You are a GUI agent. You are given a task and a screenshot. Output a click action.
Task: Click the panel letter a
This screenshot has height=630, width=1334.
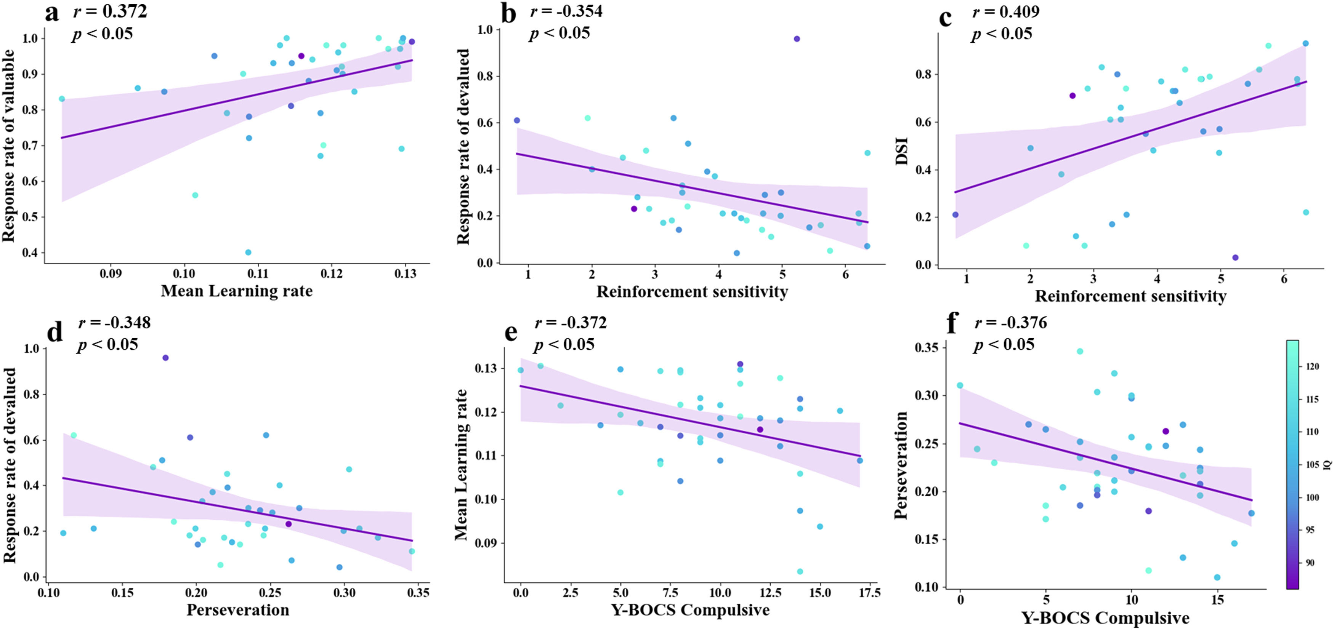point(52,13)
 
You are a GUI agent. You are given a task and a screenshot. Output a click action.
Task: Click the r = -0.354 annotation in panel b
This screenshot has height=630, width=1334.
point(566,11)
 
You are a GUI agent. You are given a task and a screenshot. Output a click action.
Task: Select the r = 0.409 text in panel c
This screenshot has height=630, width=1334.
point(1006,11)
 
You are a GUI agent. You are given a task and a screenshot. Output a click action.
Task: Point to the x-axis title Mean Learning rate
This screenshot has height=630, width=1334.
point(237,291)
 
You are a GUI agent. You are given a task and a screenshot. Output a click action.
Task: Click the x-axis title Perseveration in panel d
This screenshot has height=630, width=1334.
point(238,610)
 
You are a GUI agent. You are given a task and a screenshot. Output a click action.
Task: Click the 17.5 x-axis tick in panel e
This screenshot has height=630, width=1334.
point(869,592)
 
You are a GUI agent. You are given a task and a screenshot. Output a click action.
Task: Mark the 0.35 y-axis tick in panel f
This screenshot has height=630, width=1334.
point(927,347)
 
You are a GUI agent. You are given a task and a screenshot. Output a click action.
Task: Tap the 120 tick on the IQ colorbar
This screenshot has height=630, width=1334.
point(1312,366)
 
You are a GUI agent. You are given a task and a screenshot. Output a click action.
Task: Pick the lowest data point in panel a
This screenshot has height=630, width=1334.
point(248,252)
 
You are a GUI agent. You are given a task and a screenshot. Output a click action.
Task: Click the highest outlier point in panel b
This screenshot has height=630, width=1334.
point(797,39)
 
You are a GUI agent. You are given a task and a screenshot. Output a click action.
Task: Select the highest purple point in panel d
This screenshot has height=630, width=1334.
point(165,358)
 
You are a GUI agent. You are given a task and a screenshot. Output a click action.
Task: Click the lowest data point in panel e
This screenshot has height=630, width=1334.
point(800,571)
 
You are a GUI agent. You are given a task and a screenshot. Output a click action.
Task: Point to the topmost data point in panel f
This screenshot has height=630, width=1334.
point(1080,351)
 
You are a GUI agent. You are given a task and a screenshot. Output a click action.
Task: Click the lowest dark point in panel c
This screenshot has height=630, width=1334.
point(1235,257)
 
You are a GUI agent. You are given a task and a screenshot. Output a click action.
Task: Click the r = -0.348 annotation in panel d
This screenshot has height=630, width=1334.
point(114,323)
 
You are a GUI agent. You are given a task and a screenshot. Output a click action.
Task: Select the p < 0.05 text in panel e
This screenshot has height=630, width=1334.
point(564,344)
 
